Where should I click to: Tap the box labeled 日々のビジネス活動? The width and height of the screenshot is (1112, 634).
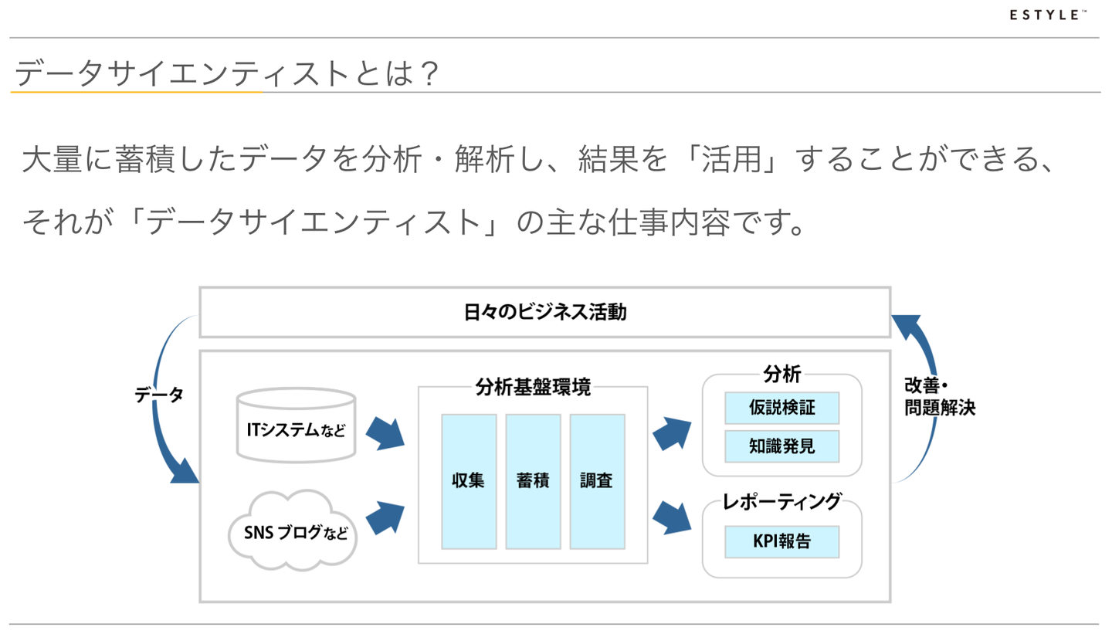(544, 312)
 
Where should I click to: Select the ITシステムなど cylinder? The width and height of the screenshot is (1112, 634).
(297, 425)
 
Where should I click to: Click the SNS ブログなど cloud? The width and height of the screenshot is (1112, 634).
(293, 531)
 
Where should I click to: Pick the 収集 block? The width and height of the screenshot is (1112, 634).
(469, 481)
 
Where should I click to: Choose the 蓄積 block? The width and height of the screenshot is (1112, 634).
(533, 481)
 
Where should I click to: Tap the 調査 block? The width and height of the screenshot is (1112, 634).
(597, 481)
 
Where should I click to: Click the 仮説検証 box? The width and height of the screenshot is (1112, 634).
(781, 408)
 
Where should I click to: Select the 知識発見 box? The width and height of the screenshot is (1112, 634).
(781, 446)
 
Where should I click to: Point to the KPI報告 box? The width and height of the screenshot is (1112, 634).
(781, 541)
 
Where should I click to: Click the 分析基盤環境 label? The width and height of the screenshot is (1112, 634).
(533, 387)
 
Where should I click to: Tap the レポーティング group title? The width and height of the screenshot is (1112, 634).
(781, 502)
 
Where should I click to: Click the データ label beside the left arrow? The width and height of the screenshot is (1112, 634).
(159, 395)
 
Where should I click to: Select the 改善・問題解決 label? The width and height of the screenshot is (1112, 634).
(939, 396)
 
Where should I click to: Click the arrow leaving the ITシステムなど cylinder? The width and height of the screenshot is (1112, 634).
(385, 434)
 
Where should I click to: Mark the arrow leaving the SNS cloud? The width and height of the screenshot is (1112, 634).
(385, 518)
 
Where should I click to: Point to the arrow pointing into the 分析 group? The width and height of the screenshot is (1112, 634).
(672, 434)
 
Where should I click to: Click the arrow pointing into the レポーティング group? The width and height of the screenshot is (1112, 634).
(672, 518)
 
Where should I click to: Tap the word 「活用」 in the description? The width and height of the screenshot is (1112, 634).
(731, 160)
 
